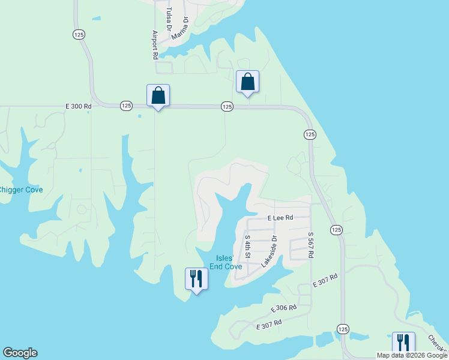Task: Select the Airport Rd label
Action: tap(155, 44)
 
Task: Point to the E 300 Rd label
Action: tap(79, 106)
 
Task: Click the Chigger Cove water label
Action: tap(20, 190)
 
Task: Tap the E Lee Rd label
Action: tap(280, 218)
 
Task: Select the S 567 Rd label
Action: tap(311, 245)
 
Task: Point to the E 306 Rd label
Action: tap(283, 308)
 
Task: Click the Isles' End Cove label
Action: tap(225, 262)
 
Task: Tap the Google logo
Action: tap(20, 353)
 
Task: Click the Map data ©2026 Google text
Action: tap(412, 355)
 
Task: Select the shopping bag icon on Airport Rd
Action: tap(158, 95)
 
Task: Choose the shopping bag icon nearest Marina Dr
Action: tap(247, 82)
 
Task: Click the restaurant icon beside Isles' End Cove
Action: tap(196, 278)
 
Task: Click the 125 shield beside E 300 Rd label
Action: tap(125, 106)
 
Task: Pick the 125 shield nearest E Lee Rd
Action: tap(336, 230)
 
